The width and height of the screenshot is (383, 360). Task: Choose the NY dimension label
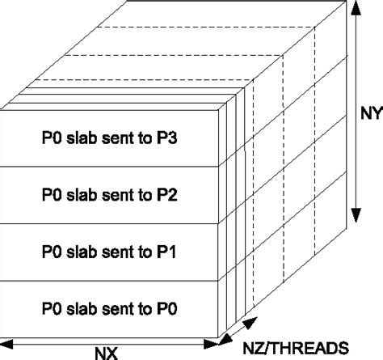pyautogui.click(x=368, y=112)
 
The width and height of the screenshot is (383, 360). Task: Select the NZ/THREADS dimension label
pyautogui.click(x=307, y=348)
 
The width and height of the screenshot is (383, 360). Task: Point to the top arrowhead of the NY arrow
pyautogui.click(x=356, y=6)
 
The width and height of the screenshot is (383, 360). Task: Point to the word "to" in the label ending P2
pyautogui.click(x=149, y=195)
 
